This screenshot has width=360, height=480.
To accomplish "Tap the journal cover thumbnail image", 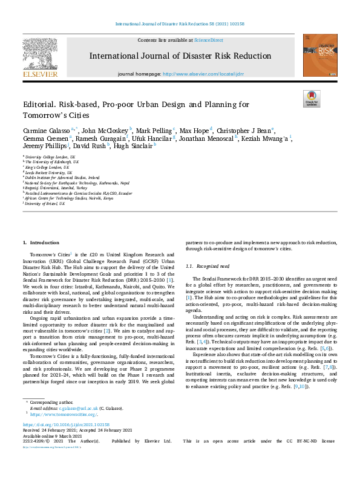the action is click(x=320, y=55).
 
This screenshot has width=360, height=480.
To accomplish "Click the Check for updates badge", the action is click(x=312, y=99).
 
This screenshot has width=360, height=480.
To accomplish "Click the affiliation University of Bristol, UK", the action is click(x=46, y=204).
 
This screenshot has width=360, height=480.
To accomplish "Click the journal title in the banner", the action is click(x=180, y=56).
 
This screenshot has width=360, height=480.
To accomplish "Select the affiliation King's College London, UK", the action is click(x=51, y=166).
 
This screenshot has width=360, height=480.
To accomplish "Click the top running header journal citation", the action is click(x=180, y=24).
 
